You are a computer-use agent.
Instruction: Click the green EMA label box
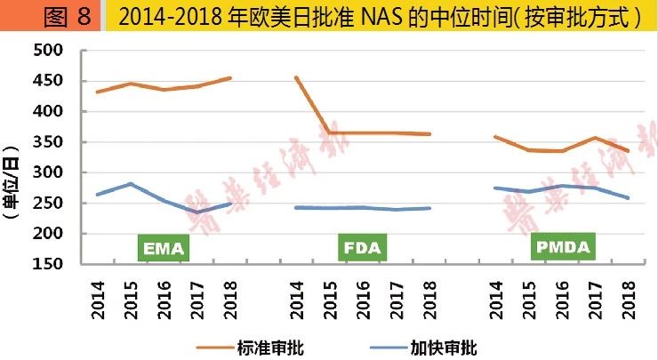[163, 248]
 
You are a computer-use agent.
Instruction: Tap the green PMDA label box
[564, 248]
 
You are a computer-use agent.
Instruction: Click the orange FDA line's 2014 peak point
[296, 77]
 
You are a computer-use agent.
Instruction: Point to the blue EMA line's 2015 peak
[131, 184]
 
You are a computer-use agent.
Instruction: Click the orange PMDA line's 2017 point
[595, 138]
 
